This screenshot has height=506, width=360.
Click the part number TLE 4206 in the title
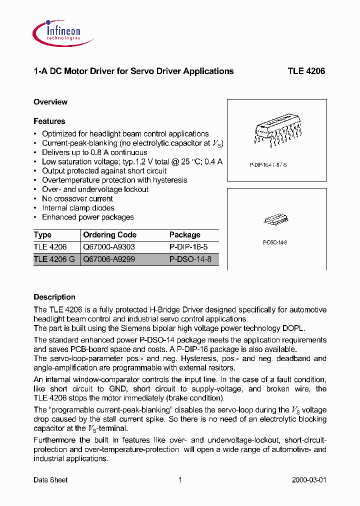point(306,71)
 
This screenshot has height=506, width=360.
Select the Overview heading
point(50,102)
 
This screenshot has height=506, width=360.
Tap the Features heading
point(49,121)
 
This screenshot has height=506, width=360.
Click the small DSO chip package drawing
point(274,220)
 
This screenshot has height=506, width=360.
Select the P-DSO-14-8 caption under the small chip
point(274,242)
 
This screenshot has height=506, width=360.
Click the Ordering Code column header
point(109,234)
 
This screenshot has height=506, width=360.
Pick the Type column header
point(42,234)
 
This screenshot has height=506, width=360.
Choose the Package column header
point(184,234)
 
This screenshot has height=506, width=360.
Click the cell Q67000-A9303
point(109,247)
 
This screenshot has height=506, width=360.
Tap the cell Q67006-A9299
point(109,259)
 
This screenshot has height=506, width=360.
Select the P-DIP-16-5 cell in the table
point(188,247)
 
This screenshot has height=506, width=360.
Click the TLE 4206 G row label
point(54,259)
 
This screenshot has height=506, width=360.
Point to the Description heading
point(54,297)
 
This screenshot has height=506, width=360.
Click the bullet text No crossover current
point(77,198)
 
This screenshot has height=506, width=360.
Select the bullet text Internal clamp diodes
point(78,208)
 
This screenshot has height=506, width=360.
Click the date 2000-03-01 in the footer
point(308,480)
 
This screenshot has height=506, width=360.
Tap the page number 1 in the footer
point(180,480)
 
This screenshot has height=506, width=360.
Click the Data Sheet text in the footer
point(50,480)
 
